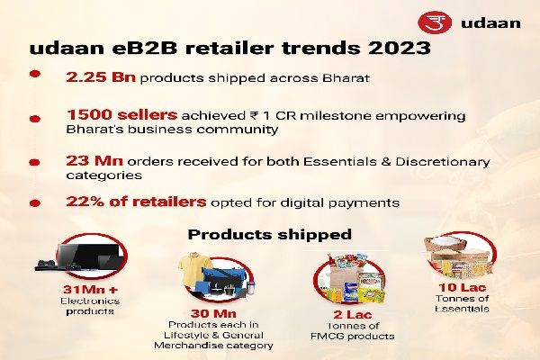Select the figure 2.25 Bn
(x=98, y=79)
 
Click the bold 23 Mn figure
(x=89, y=161)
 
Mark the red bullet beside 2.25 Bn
(x=35, y=79)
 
